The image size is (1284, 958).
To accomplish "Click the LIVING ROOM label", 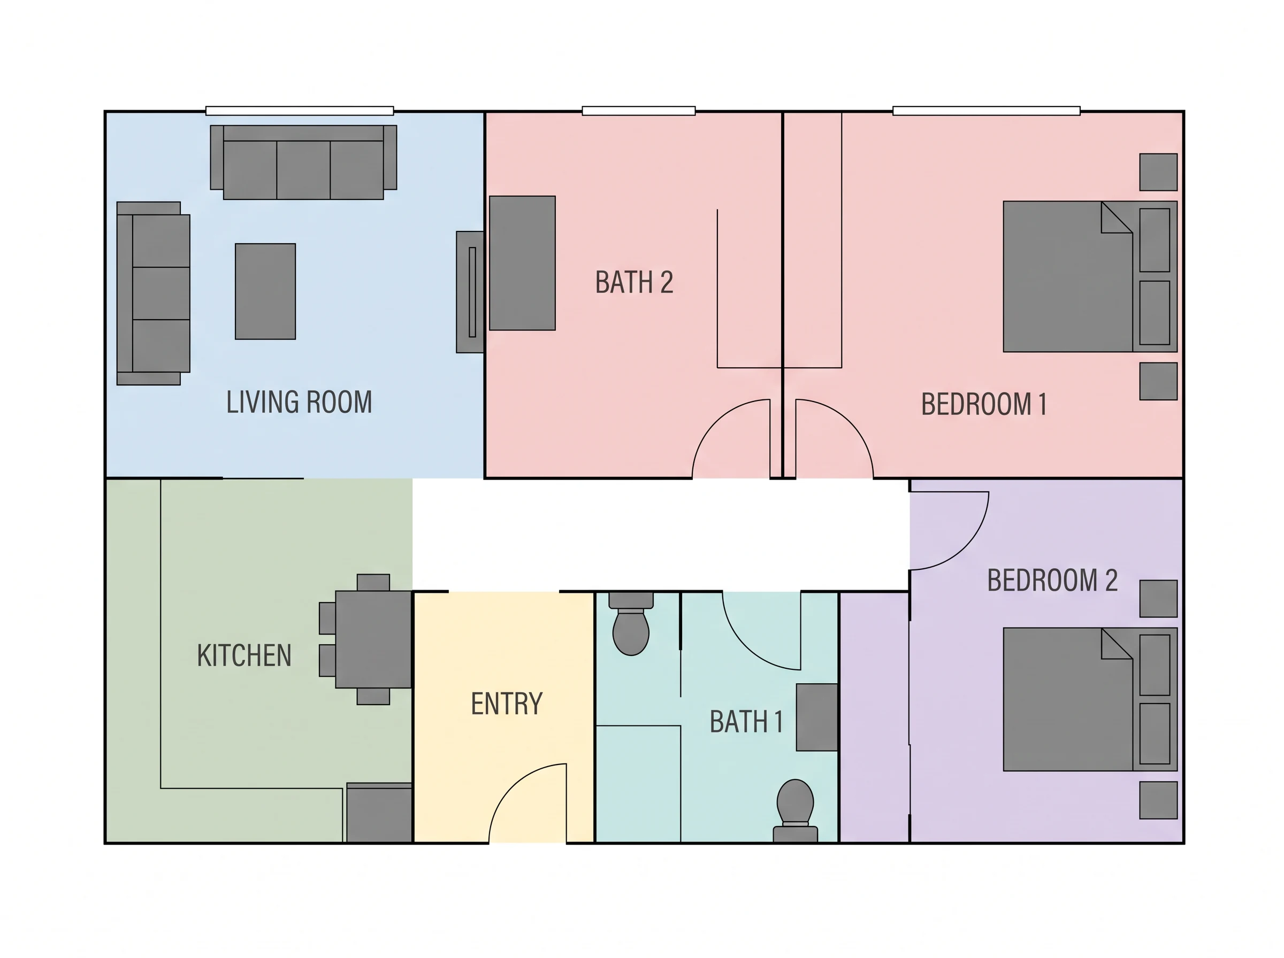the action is coord(299,402).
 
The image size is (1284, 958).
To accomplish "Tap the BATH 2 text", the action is coord(634,282).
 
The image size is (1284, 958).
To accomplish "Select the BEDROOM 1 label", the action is coord(984,404).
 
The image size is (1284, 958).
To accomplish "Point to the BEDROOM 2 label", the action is coord(1052,580).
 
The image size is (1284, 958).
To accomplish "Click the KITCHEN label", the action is coord(244,655).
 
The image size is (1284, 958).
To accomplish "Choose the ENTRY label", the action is coord(507,704).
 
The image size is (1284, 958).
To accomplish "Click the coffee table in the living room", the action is coord(265,291).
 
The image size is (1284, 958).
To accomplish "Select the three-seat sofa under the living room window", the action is coord(303,163).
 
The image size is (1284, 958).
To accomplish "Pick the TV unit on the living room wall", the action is coord(470,292).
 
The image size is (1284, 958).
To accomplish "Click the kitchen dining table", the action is coord(373,639).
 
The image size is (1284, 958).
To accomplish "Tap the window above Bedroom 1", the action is coord(987,111).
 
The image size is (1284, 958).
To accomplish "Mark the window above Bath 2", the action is coord(639,111).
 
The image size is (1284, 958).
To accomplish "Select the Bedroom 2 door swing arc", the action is coord(966,549).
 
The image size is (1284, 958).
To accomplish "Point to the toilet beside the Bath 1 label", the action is coord(796,809).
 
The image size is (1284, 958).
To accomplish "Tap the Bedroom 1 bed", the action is coord(1090,276).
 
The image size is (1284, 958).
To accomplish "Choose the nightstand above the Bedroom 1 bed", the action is coord(1158,172).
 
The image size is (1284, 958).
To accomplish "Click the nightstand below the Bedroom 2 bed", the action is coord(1158,800).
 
